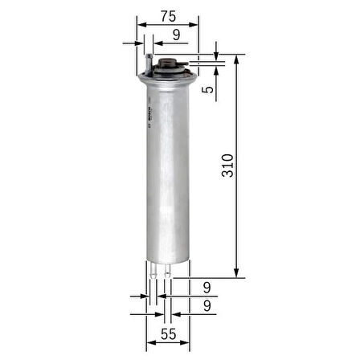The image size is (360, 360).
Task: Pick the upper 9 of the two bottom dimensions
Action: coord(207,287)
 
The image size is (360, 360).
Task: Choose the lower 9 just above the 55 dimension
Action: coord(207,306)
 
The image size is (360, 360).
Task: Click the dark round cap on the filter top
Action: coord(168,65)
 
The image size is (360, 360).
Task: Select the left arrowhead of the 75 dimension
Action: coord(141,24)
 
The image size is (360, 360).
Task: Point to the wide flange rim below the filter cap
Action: coord(168,78)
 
